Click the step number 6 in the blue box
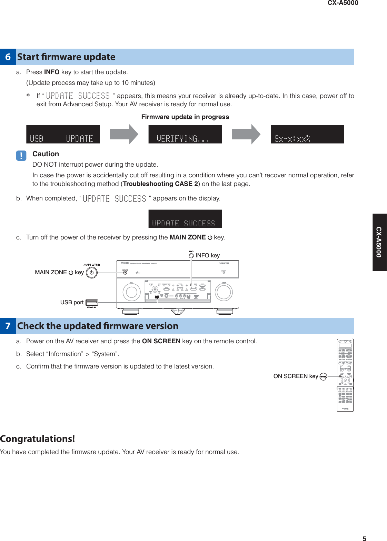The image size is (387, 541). tap(8, 57)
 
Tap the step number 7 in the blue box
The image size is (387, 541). tap(8, 326)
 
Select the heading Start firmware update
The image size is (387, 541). tap(66, 57)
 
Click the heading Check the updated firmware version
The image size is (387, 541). tap(98, 326)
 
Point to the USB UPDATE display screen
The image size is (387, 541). tap(63, 134)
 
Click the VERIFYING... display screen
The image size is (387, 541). tap(185, 134)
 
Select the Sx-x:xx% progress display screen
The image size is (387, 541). tap(307, 134)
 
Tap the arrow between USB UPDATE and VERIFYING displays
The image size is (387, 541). tap(124, 134)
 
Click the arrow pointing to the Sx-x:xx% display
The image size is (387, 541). tap(246, 134)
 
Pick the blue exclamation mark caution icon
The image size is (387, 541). tap(21, 156)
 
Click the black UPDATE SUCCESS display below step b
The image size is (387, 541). tap(185, 219)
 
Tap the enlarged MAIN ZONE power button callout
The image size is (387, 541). tap(92, 273)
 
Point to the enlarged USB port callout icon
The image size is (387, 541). tap(92, 303)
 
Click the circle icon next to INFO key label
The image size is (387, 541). tap(191, 256)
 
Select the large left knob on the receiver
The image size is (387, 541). tap(131, 292)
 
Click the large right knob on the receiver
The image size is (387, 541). tap(224, 292)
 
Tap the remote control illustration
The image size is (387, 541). tap(345, 375)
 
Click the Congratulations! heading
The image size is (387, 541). tap(37, 439)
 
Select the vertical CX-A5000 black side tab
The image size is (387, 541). tap(379, 242)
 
